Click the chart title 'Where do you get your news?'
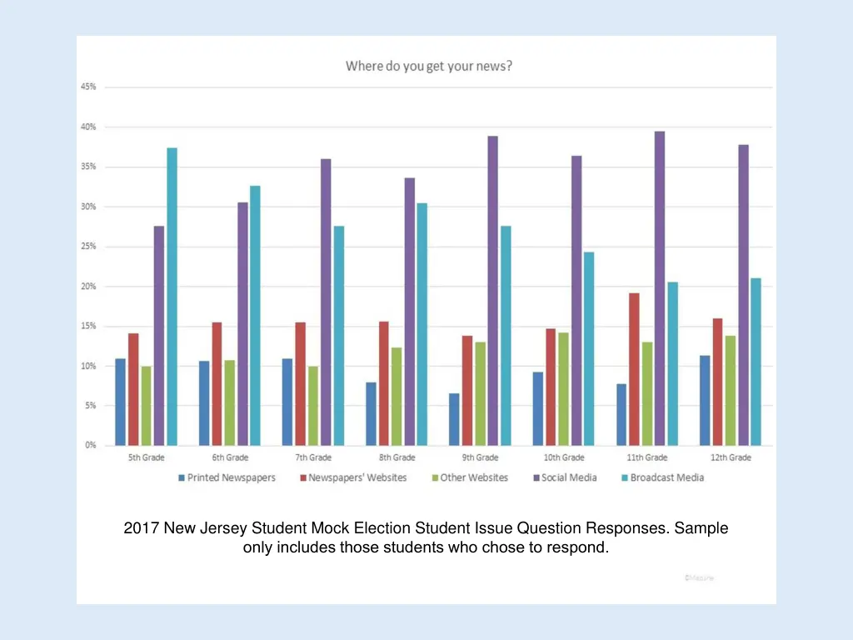point(429,66)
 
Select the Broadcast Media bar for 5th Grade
point(172,296)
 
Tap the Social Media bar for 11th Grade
point(660,287)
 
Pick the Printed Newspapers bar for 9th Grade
point(453,419)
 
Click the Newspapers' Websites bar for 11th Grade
point(634,369)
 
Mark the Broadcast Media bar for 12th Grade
point(756,362)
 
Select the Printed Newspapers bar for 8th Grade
point(371,413)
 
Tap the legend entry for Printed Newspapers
point(226,477)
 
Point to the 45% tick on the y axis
point(88,87)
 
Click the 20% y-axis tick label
point(88,286)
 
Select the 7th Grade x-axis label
point(313,457)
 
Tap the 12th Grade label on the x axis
point(730,457)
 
